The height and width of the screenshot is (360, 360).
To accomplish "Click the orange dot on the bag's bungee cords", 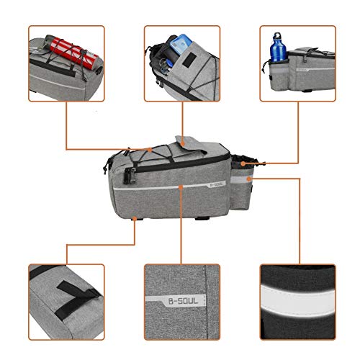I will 150,150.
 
